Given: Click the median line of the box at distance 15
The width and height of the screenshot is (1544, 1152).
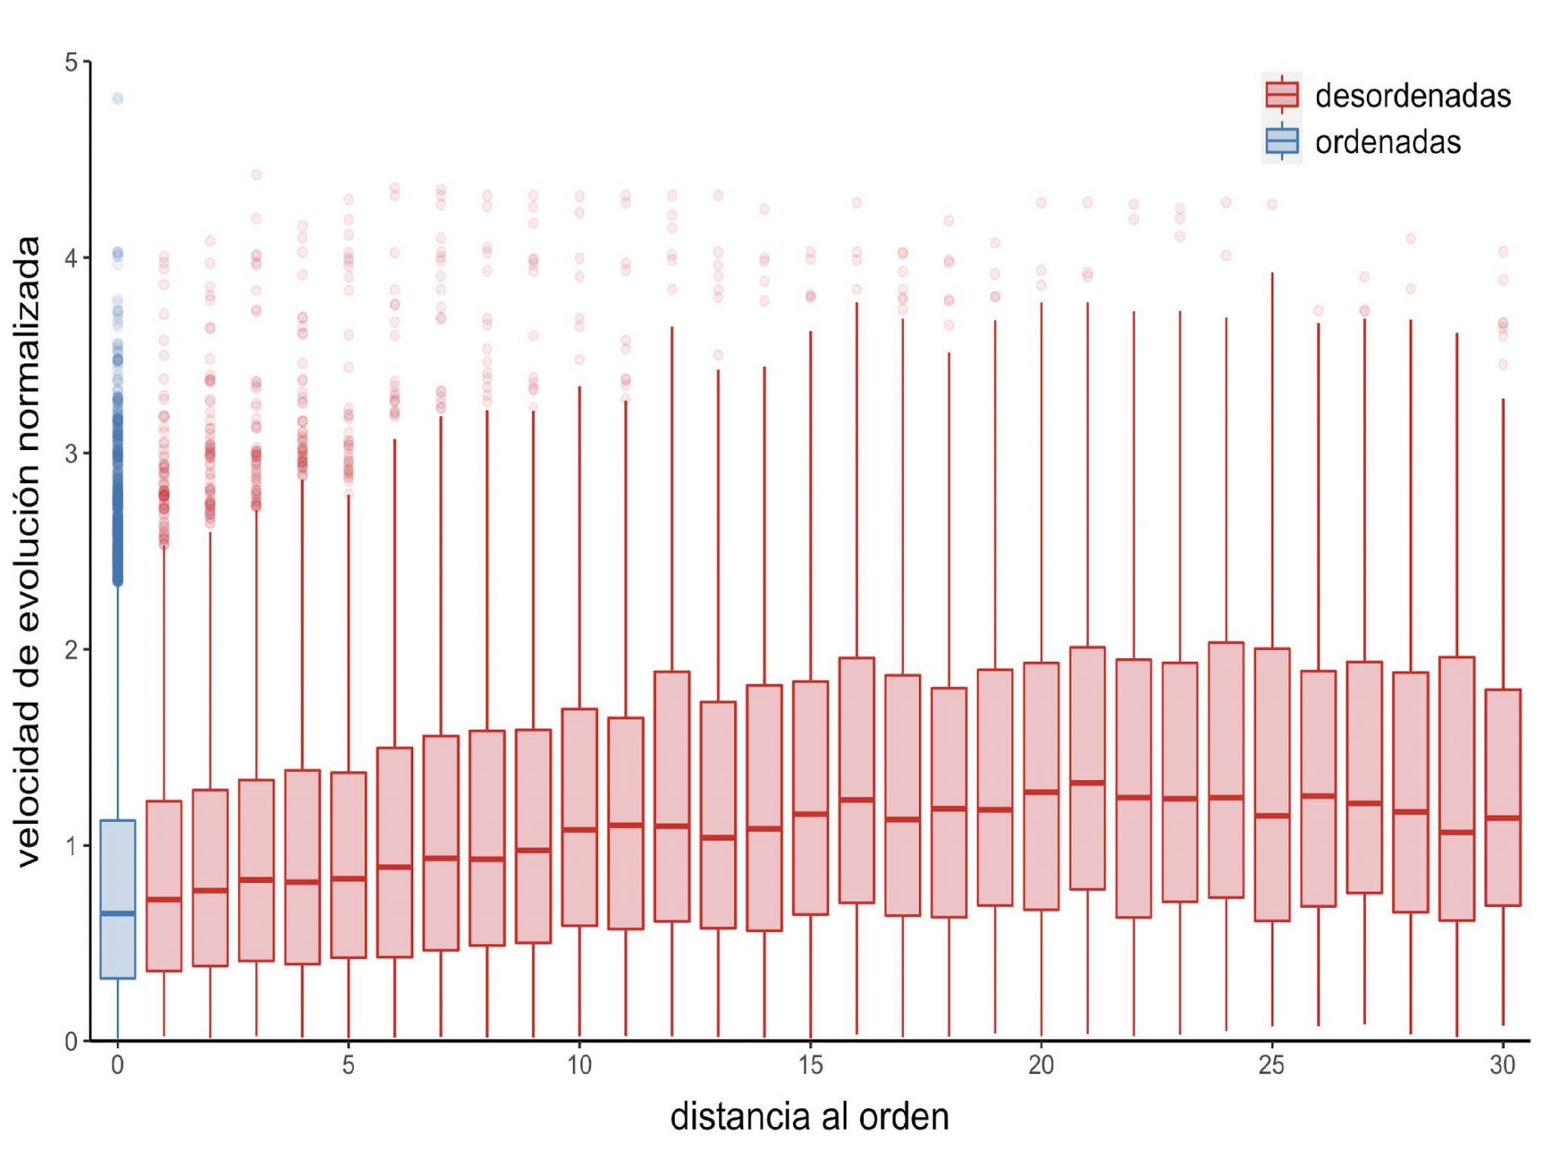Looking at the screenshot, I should pyautogui.click(x=810, y=813).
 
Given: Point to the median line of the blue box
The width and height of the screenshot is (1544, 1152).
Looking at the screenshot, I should pyautogui.click(x=118, y=913).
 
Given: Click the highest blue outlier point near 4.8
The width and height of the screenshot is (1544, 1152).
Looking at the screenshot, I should pyautogui.click(x=118, y=98).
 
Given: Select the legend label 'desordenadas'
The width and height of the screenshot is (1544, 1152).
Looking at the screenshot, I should pyautogui.click(x=1413, y=96).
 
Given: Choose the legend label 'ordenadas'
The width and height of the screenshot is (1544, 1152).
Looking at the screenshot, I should pyautogui.click(x=1388, y=142).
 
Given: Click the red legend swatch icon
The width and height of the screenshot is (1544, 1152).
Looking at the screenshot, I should pyautogui.click(x=1282, y=95).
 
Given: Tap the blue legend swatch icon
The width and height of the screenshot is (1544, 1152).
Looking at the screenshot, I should pyautogui.click(x=1282, y=141).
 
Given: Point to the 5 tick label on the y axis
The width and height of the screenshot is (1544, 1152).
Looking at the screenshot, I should pyautogui.click(x=72, y=62).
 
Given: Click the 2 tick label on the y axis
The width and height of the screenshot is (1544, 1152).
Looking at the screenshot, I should pyautogui.click(x=72, y=649).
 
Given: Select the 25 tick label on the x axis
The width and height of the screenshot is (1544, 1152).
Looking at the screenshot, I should pyautogui.click(x=1272, y=1065).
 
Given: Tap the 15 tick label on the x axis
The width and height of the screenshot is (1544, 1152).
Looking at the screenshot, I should pyautogui.click(x=810, y=1065).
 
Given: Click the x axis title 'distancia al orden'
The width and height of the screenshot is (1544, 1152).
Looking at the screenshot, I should pyautogui.click(x=809, y=1117).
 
